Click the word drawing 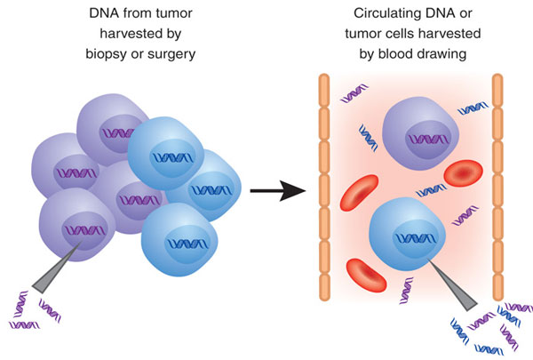coord(441,54)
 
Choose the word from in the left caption coord(133,13)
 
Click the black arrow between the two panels coord(278,191)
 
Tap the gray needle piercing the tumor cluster coord(57,268)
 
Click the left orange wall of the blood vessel coord(324,188)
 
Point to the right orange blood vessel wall coord(497,188)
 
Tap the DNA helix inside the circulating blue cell coord(415,238)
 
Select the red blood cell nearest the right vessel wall coord(464,173)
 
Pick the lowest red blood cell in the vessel coord(366,276)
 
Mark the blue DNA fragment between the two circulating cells coord(431,190)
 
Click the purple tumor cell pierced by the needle coord(77,225)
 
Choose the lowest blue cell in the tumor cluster coord(179,240)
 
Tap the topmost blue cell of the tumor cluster coord(166,153)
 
